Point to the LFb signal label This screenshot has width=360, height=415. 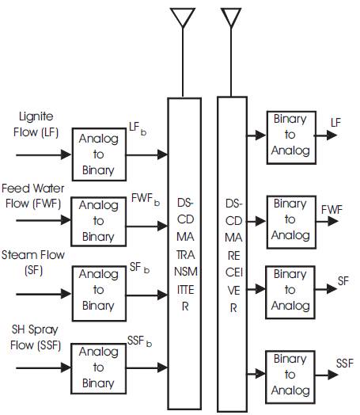click(138, 128)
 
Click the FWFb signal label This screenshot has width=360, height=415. click(146, 200)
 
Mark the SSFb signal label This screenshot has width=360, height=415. click(139, 341)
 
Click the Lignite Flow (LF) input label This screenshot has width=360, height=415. click(36, 124)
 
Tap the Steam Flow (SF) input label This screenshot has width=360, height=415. click(33, 263)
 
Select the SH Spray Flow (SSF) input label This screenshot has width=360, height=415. click(36, 337)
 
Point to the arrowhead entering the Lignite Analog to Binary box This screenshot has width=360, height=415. click(66, 154)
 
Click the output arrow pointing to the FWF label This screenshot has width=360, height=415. click(327, 221)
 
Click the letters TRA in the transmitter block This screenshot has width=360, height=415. click(186, 254)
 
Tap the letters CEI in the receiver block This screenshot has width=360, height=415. click(234, 272)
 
